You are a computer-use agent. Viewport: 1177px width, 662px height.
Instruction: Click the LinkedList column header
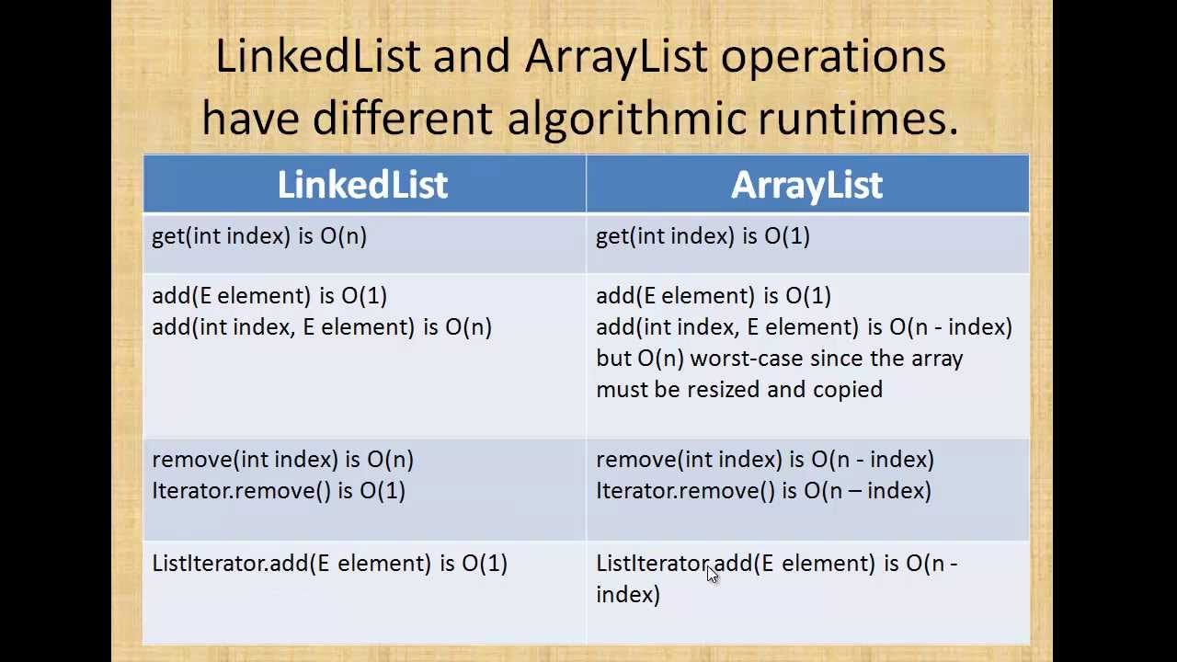(362, 185)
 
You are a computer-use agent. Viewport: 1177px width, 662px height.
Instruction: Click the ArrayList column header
(806, 186)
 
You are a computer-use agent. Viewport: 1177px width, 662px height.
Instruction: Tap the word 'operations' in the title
(833, 58)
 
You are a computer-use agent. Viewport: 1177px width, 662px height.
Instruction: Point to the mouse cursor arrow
(713, 575)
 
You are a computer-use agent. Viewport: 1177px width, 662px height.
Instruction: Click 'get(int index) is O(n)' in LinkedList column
(259, 236)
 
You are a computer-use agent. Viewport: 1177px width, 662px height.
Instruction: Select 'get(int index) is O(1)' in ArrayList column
(703, 236)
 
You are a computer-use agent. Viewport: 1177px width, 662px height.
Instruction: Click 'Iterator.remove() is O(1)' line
(279, 491)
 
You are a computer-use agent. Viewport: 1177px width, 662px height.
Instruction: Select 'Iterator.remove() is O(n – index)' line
(763, 491)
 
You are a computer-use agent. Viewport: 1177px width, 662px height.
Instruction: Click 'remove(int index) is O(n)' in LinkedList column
(282, 460)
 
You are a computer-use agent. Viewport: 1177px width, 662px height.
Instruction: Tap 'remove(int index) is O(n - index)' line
(765, 460)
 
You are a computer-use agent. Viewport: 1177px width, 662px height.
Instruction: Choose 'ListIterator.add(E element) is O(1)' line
(330, 564)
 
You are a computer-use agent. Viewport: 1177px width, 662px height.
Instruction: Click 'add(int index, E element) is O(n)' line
(322, 327)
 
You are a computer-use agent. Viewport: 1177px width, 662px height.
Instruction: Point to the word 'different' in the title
(403, 117)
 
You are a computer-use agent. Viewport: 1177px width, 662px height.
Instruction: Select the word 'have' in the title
(251, 117)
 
